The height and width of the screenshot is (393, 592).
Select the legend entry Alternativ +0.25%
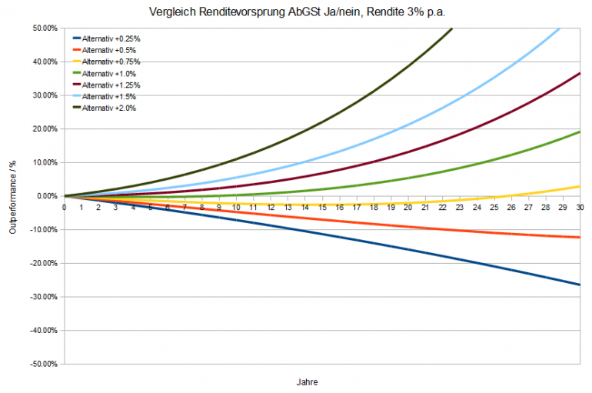(111, 38)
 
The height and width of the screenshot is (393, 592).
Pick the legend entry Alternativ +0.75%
(111, 61)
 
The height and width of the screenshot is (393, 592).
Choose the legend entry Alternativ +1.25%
(111, 85)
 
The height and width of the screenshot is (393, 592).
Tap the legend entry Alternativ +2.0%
(109, 108)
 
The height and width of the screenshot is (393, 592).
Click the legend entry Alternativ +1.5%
(109, 96)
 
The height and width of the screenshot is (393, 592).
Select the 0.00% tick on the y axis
(45, 196)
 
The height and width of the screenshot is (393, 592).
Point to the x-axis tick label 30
(579, 207)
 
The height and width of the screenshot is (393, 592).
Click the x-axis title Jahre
(307, 381)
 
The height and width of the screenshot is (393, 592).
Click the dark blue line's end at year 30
(579, 285)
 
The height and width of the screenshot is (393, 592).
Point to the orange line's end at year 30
(579, 238)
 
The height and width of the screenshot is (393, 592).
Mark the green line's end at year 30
(579, 132)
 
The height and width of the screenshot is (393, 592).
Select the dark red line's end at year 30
(579, 74)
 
